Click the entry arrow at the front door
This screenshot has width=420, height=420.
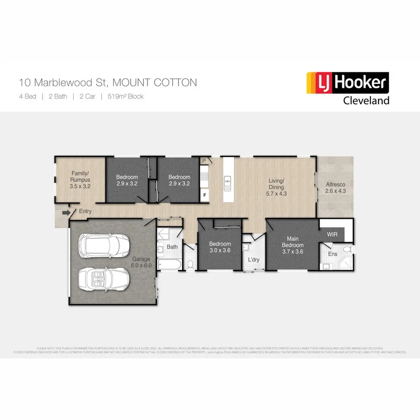tap(66, 213)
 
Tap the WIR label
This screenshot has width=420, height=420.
tap(332, 233)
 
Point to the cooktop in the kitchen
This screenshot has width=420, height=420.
tap(204, 177)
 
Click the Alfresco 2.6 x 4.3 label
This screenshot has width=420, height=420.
tap(336, 187)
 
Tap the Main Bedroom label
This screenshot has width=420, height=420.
tap(292, 245)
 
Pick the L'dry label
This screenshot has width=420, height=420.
tap(253, 259)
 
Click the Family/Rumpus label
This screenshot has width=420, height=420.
tap(80, 180)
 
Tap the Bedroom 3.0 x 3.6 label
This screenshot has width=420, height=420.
tap(220, 247)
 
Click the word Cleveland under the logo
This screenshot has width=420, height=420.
tap(366, 100)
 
